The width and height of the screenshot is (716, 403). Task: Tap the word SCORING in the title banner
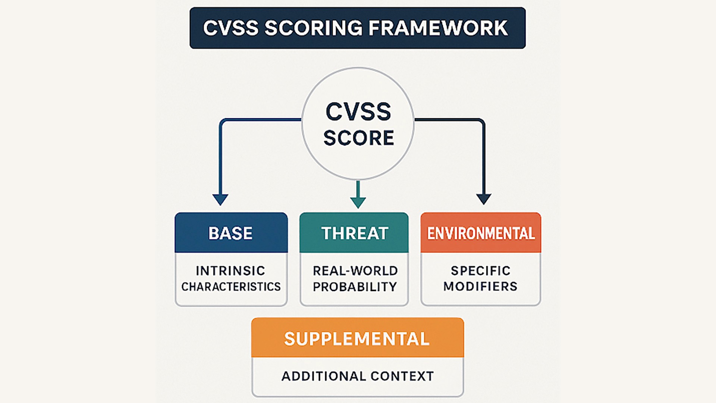[313, 28]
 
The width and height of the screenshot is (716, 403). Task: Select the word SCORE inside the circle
[358, 138]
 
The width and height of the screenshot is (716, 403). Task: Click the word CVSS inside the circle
[358, 112]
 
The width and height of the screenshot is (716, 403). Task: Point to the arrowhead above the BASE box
[220, 199]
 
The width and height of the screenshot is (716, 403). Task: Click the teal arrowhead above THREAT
[358, 202]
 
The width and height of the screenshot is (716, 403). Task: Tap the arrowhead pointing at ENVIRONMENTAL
[484, 199]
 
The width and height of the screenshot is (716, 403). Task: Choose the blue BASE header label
[230, 233]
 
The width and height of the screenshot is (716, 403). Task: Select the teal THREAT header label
[355, 233]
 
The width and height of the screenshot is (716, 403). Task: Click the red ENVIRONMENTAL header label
[481, 233]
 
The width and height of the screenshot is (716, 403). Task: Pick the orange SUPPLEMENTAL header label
[357, 339]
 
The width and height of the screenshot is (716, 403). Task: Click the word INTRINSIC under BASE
[230, 271]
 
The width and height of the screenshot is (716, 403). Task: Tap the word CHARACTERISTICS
[231, 287]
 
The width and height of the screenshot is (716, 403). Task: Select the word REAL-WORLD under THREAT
[355, 271]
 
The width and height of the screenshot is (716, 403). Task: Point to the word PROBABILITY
[355, 287]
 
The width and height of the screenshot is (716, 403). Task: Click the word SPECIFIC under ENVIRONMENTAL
[480, 271]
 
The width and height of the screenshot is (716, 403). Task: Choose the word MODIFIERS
[480, 286]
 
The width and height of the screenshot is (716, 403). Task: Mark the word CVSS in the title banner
[230, 28]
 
